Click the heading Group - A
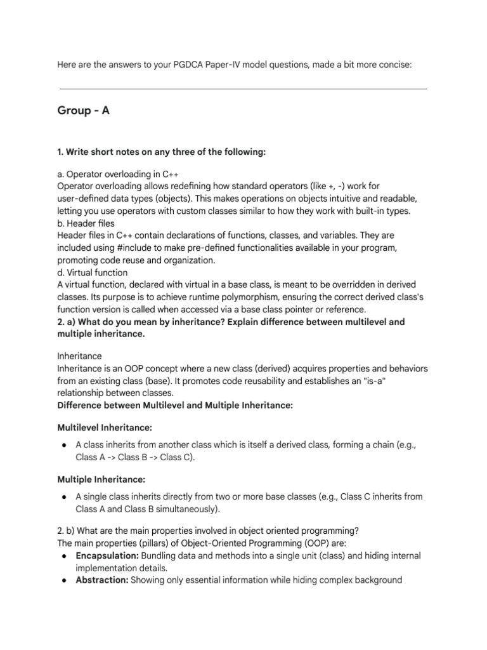coord(83,110)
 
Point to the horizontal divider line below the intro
coord(243,89)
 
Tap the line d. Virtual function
coord(92,272)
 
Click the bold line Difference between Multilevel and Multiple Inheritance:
coord(175,405)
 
